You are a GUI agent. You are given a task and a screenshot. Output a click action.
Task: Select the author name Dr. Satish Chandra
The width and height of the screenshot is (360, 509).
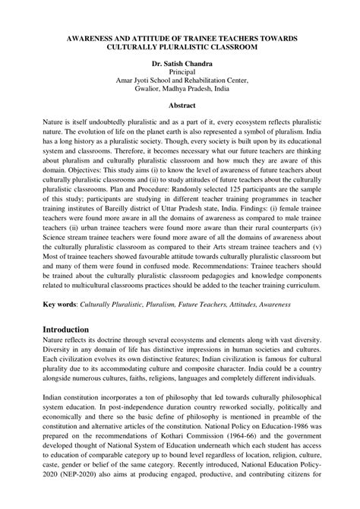[x=180, y=63]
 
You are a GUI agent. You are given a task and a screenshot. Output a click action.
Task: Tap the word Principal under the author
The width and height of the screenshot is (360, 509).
[x=180, y=73]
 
